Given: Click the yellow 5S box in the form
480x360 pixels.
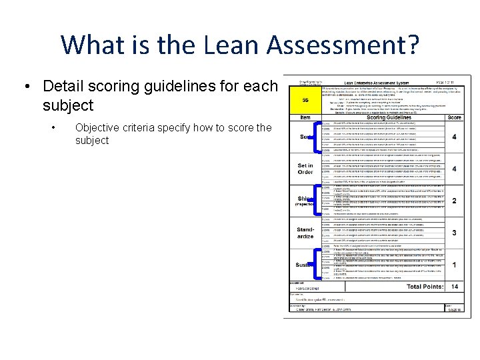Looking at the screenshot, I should pos(305,101).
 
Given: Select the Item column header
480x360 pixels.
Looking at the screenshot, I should pos(305,117).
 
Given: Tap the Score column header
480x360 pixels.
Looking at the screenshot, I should pos(453,117).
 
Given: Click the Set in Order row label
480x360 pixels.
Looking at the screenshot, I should pos(305,169).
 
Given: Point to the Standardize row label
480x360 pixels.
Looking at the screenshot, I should pos(305,233).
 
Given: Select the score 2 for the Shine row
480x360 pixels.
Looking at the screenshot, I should pos(453,201).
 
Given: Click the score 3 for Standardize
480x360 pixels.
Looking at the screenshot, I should pos(453,233).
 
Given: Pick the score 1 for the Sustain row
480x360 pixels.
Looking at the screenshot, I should pos(453,265).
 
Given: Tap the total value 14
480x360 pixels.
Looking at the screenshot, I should pos(453,287).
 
